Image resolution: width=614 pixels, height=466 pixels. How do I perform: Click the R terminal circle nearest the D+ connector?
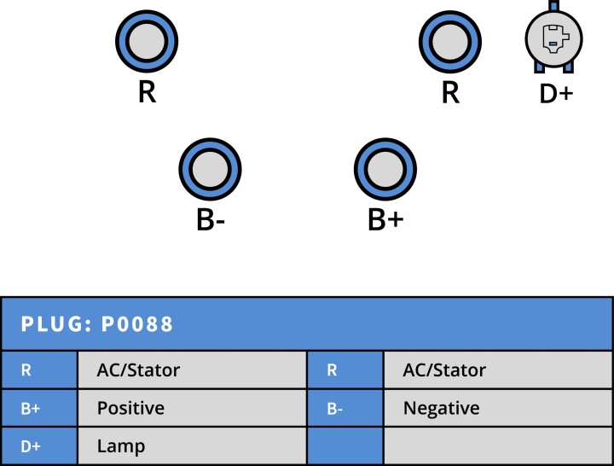pos(450,42)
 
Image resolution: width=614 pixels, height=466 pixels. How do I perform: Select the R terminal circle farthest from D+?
pos(147,41)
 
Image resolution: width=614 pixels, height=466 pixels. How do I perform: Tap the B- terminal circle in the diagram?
pos(211,169)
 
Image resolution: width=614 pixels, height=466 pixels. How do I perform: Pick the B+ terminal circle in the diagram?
pos(385,169)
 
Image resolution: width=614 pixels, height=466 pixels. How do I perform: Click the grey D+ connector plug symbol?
pos(553,38)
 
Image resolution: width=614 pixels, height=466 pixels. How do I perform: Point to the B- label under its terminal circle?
pos(211,220)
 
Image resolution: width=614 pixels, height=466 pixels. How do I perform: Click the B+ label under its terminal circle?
pos(385,219)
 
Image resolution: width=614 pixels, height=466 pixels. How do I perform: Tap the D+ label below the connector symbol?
pos(556,94)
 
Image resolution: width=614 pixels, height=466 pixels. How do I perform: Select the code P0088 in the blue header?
pos(137,324)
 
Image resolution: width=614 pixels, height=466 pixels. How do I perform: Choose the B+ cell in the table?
pos(39,408)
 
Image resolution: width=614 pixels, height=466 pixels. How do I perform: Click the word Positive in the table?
pos(130,408)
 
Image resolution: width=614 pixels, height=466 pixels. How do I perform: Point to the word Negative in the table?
pos(442,408)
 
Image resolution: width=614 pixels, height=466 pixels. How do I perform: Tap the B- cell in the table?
pos(345,408)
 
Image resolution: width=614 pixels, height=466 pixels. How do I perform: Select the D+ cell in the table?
pos(39,446)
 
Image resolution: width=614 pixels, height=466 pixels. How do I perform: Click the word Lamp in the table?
pos(121,446)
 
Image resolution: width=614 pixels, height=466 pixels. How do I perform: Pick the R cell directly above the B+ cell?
pos(39,370)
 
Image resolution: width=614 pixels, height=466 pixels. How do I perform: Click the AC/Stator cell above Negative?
pos(498,370)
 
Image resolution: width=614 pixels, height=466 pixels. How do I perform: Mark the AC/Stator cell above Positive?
pos(192,370)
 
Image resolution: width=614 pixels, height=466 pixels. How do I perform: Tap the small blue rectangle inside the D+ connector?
pos(552,44)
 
